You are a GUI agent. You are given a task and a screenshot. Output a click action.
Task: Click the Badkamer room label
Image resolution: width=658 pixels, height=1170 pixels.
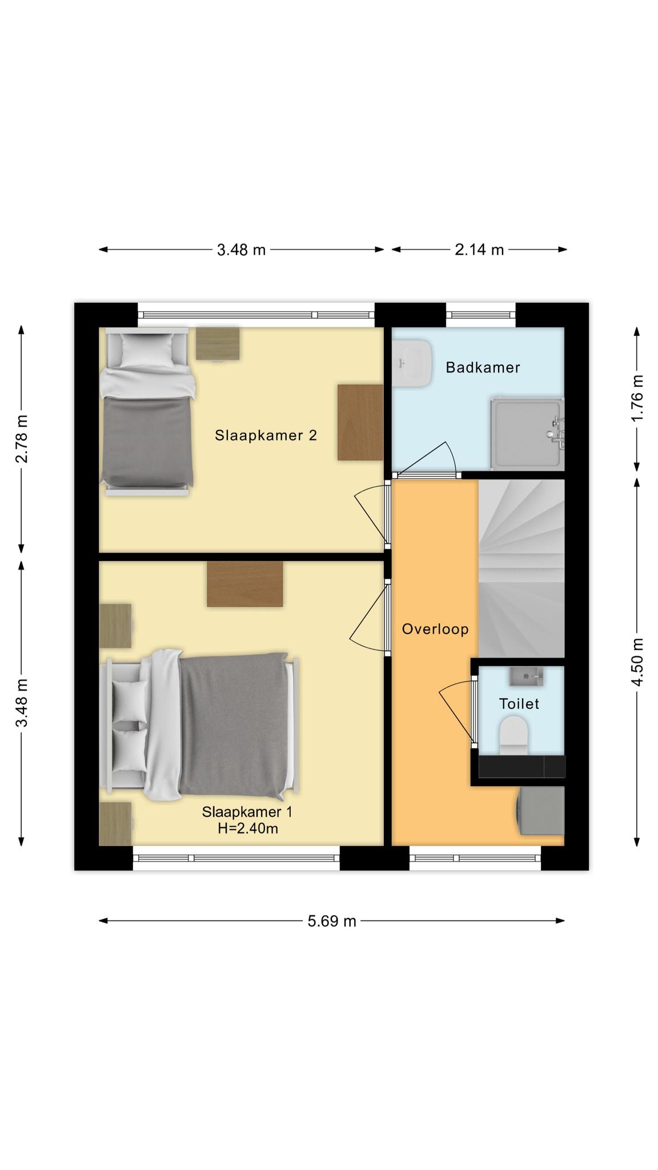click(483, 367)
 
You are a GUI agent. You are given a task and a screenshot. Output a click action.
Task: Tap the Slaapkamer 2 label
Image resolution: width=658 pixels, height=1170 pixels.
click(266, 435)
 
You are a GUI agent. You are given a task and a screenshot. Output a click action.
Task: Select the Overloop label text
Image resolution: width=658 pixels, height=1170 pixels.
click(435, 629)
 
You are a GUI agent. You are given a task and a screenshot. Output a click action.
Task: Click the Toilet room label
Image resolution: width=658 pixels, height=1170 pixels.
click(519, 704)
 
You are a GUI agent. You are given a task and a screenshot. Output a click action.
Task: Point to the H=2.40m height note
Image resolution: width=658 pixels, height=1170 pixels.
click(248, 828)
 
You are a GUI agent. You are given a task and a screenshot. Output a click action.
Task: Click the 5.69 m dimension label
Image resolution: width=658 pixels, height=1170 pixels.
click(332, 921)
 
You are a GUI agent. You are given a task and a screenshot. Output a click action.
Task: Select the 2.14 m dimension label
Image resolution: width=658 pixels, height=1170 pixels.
click(479, 250)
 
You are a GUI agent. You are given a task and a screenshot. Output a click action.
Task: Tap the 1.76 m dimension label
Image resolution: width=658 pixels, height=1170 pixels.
click(637, 398)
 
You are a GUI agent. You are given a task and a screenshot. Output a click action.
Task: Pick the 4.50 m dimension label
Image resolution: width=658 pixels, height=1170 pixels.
click(637, 662)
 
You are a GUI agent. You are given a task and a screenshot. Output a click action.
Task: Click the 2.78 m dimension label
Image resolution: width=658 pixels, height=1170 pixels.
click(21, 439)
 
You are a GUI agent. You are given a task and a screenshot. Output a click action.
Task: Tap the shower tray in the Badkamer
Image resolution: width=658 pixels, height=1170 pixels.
click(527, 432)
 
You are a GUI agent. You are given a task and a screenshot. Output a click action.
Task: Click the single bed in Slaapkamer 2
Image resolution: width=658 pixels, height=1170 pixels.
click(147, 410)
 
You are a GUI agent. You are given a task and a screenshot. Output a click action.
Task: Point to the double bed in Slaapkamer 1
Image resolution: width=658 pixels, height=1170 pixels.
click(198, 724)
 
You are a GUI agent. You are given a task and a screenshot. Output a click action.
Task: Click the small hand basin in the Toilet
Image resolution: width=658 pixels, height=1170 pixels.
click(526, 676)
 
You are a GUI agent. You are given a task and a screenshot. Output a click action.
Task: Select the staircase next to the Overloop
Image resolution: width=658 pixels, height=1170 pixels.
click(521, 568)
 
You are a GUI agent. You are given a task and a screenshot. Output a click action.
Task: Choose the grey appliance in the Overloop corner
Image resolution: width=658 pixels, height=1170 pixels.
click(540, 811)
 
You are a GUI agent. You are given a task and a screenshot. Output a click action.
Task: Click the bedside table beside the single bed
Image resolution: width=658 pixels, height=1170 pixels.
click(218, 344)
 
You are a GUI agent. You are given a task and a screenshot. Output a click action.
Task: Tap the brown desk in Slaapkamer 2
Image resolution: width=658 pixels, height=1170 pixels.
click(360, 422)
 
